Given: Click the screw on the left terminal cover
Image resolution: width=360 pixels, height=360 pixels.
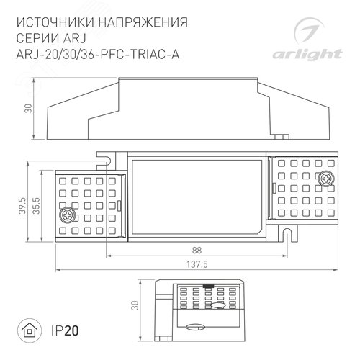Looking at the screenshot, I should [x=68, y=214].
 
